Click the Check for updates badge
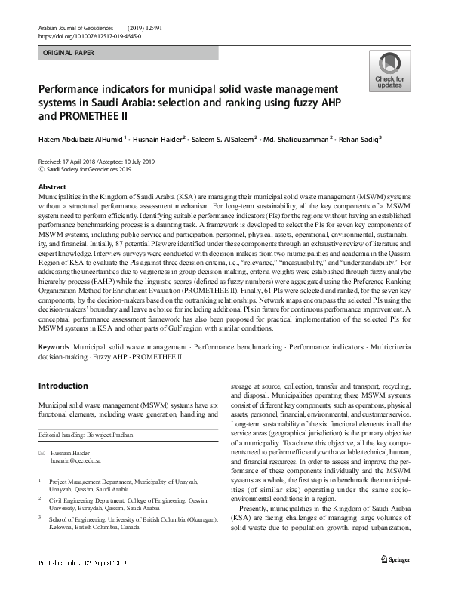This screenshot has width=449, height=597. pos(389,72)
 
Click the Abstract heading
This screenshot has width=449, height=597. pos(52,186)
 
